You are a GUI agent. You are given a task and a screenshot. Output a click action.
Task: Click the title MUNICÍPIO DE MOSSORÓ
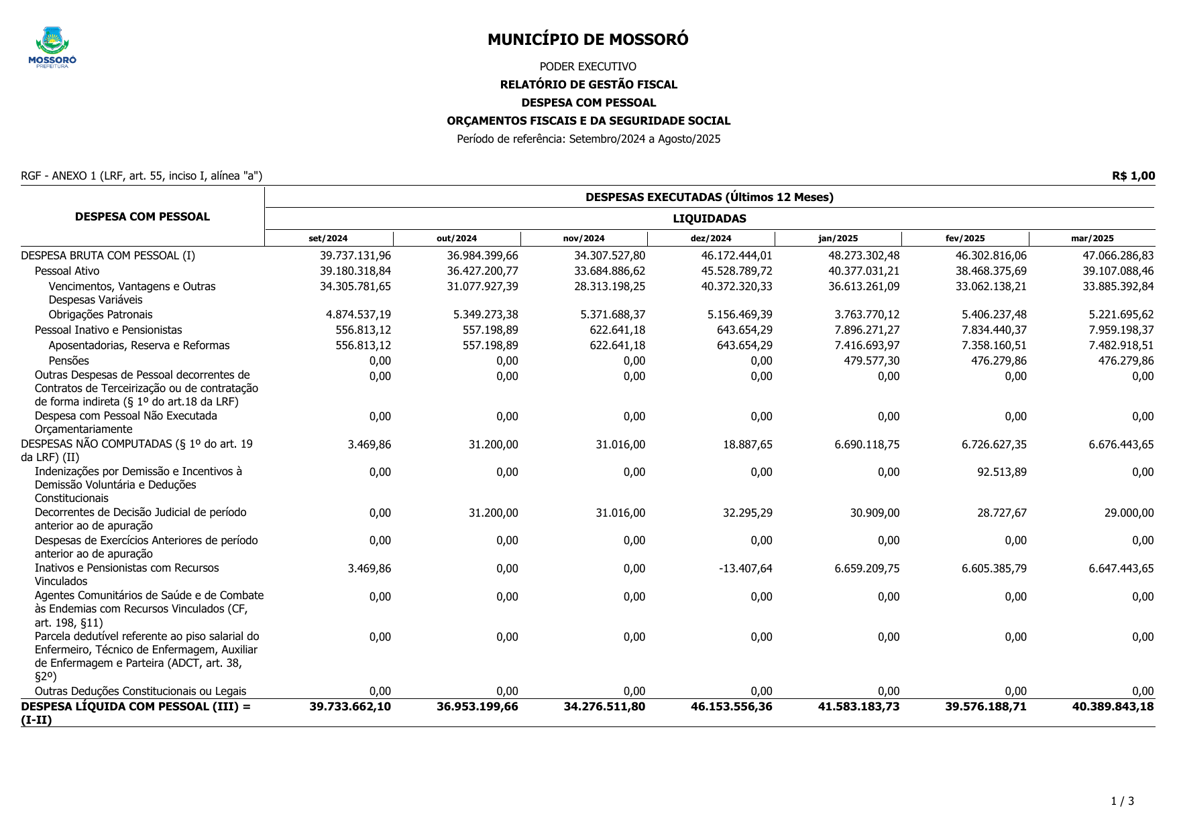tap(587, 40)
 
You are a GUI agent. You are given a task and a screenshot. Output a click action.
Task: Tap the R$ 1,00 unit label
tap(1133, 176)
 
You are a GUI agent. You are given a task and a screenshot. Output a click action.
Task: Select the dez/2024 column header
tap(710, 239)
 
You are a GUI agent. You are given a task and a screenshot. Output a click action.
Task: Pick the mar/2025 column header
tap(1092, 239)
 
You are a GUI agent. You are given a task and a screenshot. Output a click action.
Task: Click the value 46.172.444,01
tap(736, 255)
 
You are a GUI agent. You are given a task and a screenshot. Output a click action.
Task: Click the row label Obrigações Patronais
tap(101, 314)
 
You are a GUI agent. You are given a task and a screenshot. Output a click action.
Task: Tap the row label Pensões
tap(68, 361)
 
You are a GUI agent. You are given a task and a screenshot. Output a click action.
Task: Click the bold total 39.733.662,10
tap(349, 706)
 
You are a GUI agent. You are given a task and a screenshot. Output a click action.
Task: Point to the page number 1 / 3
tap(1122, 801)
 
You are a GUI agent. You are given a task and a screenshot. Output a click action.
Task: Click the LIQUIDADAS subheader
tap(709, 218)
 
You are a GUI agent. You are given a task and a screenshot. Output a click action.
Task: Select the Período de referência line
tap(588, 139)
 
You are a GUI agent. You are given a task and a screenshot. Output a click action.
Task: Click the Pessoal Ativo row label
tap(67, 271)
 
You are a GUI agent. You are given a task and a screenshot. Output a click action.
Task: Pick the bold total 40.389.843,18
tap(1113, 706)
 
